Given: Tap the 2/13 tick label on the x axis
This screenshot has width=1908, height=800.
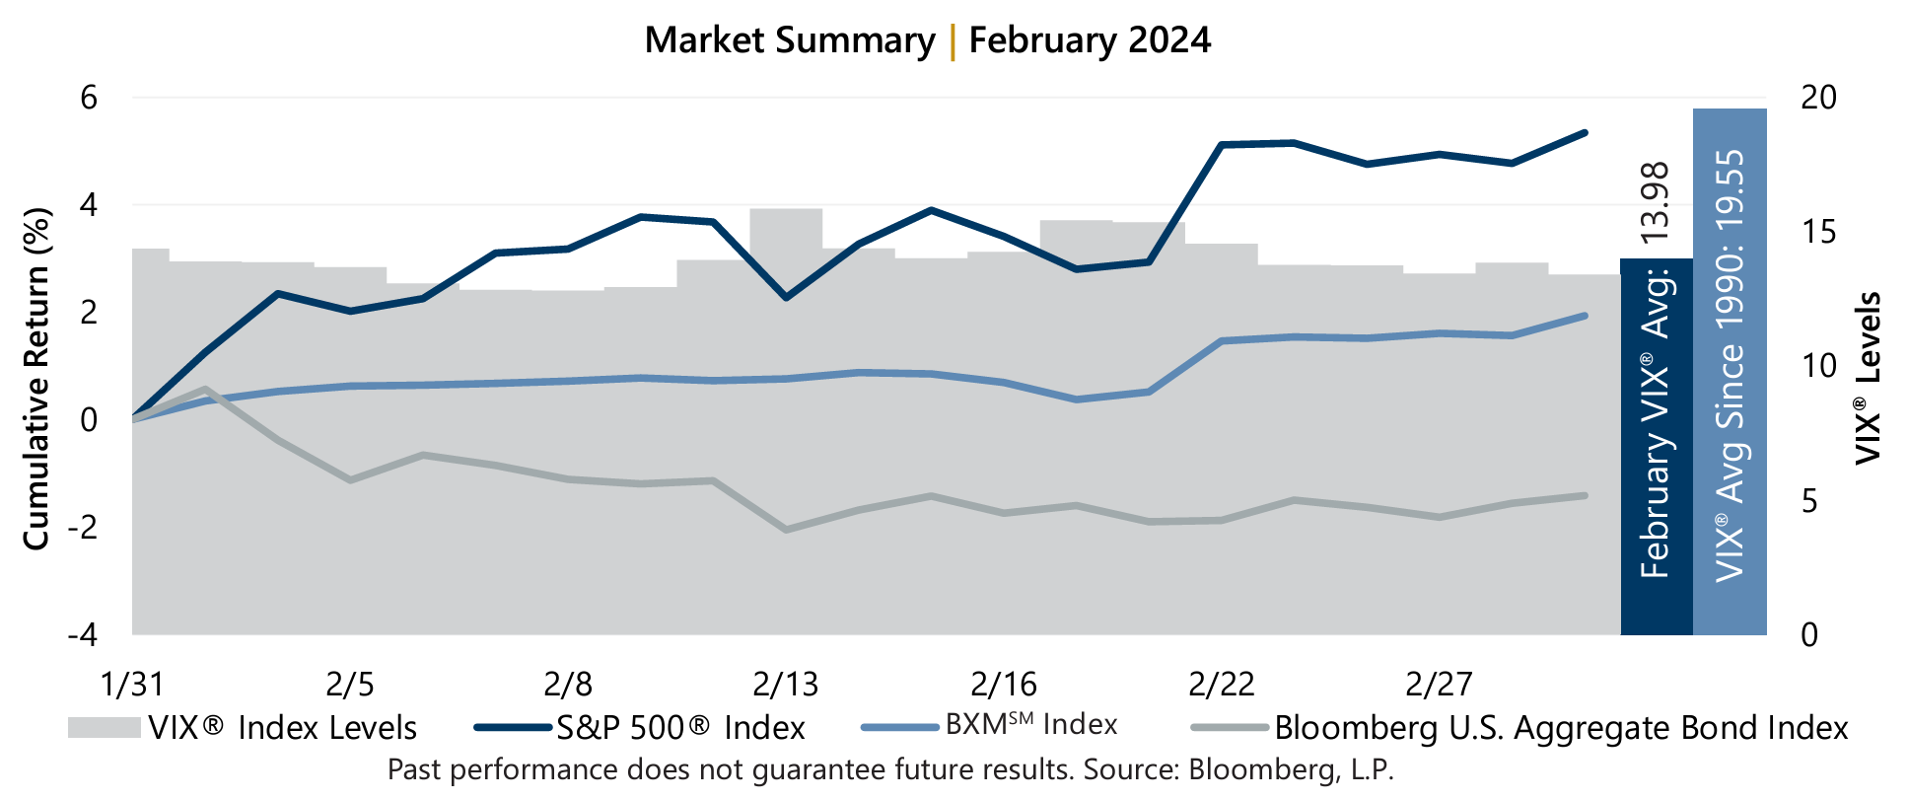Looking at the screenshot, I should coord(785,683).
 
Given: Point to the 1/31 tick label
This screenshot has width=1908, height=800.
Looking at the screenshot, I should coord(132,683).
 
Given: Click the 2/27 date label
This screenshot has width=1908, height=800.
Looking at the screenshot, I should coord(1439,683).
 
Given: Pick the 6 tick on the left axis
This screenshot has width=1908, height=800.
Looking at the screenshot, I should coord(89,98).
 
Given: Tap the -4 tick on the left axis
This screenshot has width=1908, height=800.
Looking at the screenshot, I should coord(83,634).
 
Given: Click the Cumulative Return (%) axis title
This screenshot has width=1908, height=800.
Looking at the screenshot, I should coord(36,378).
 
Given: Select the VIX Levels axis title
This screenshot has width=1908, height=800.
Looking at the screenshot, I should coord(1867,378).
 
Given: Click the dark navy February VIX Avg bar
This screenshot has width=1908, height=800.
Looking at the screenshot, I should coord(1656,444).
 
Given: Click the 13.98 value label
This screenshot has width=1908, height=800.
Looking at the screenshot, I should coord(1655,202).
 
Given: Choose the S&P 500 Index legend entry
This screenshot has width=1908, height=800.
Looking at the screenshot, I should coord(680,728).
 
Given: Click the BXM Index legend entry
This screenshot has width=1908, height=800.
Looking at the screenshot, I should coord(1030,725).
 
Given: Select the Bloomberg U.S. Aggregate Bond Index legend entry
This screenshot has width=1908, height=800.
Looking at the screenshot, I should coord(1560,728).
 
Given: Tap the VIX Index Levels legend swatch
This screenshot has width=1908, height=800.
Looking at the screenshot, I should coord(104,728).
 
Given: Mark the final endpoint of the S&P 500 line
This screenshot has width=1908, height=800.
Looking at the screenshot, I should coord(1585,132).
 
